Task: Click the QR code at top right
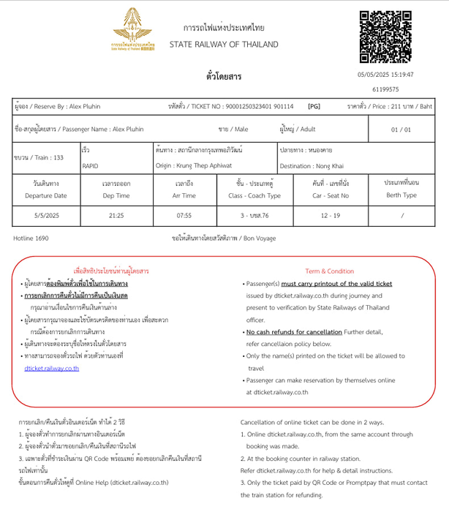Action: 390,37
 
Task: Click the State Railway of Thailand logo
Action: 133,32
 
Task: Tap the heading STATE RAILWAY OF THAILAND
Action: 224,45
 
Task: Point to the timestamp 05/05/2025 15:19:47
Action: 385,75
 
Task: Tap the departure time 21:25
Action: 116,216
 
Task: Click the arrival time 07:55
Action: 184,216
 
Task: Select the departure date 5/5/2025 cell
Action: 45,216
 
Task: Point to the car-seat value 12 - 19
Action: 330,216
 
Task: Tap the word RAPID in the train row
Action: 91,166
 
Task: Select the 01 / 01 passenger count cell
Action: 401,129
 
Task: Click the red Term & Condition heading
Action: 329,271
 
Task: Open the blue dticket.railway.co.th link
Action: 51,368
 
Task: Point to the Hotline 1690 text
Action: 31,238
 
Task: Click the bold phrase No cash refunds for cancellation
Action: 295,332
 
